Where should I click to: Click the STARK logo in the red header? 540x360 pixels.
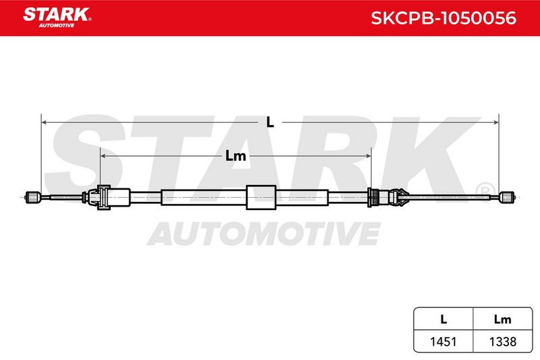[57, 18]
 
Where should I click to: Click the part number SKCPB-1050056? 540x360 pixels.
[443, 18]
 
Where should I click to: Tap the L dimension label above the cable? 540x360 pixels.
[270, 122]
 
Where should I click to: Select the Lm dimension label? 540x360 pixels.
[236, 156]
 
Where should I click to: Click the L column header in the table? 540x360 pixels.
[443, 319]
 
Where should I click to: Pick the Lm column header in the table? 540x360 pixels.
[502, 319]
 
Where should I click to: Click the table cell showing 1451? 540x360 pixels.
[443, 341]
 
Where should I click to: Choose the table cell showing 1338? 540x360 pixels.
[503, 341]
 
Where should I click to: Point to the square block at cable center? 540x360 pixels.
[261, 197]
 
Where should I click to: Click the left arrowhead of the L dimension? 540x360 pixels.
[44, 122]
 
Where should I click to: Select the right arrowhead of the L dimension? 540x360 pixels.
[496, 122]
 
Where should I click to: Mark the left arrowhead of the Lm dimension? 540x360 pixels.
[103, 156]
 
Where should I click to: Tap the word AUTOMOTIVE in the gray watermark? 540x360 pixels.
[264, 233]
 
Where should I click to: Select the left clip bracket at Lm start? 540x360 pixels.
[100, 197]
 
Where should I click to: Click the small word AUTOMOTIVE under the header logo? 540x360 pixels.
[57, 26]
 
